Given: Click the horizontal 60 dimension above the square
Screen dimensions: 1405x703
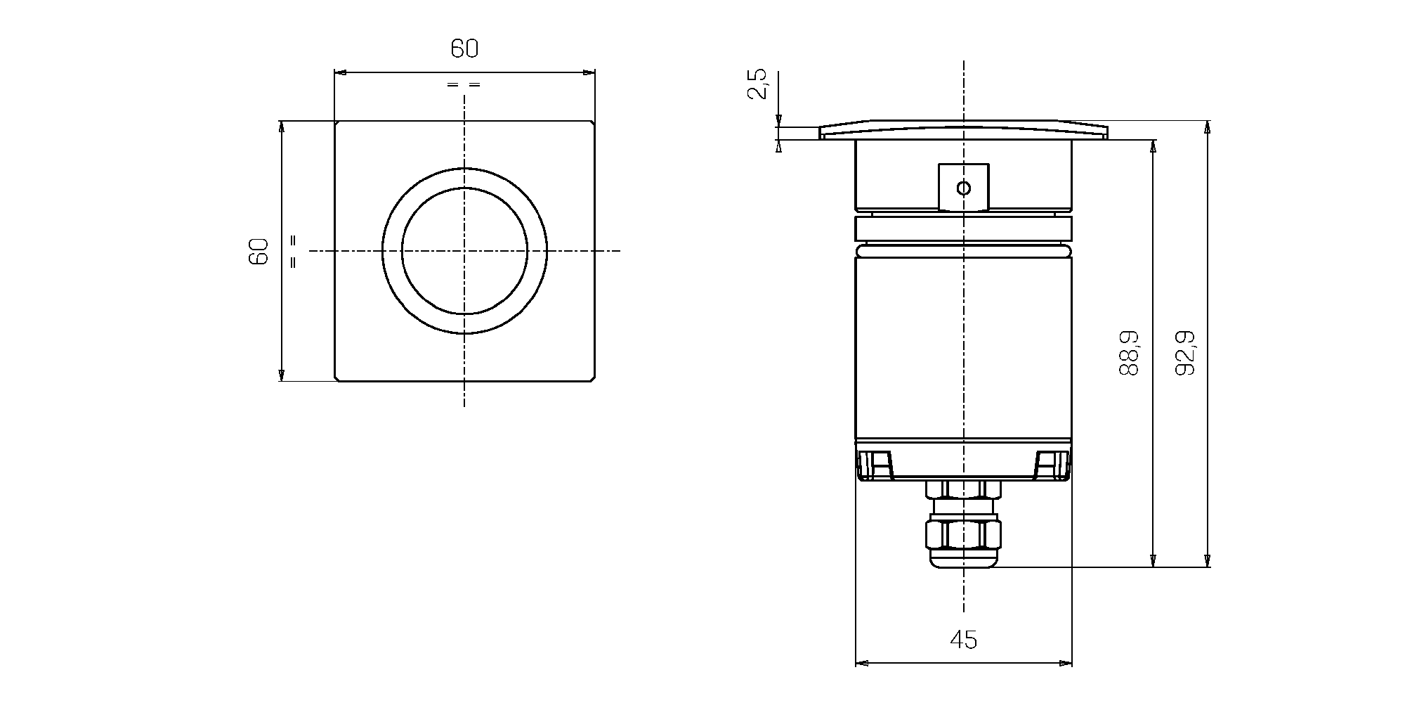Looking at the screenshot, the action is [x=464, y=49].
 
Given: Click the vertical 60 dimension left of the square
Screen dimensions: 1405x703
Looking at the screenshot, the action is [x=259, y=251].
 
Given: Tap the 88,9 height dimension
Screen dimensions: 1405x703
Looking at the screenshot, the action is [x=1129, y=353].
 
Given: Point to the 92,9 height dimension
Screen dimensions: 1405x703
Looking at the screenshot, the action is [x=1186, y=353].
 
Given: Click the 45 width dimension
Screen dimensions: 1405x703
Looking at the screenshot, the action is [x=963, y=640].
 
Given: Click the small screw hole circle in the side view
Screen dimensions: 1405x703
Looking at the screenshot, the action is [x=964, y=188].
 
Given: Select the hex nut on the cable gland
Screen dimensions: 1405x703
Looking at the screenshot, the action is [x=963, y=534].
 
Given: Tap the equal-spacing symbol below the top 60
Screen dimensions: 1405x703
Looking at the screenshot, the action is [x=464, y=85].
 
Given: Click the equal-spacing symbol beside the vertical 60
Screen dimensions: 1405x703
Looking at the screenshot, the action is [x=293, y=251].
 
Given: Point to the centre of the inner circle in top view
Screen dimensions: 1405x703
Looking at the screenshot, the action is [x=464, y=251].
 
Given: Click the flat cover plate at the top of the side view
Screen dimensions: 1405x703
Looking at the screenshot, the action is [x=963, y=130].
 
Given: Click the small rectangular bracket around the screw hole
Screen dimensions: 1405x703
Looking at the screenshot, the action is [x=964, y=187].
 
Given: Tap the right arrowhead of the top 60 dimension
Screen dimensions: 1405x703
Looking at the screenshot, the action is [x=589, y=72].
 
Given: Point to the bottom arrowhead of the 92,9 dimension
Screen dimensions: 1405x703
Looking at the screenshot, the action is [x=1208, y=560].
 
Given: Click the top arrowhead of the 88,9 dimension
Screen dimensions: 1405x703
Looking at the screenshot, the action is [x=1153, y=146].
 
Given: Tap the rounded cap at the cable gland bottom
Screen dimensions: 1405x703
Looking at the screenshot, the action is [x=963, y=559].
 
